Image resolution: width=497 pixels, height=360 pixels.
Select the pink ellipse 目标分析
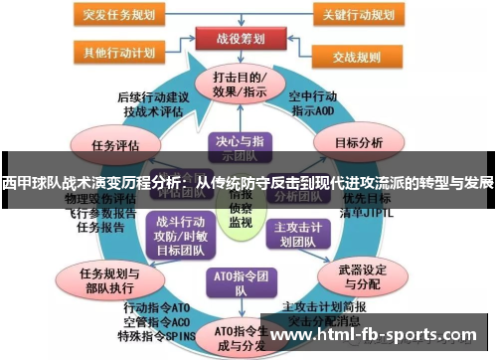pyautogui.click(x=359, y=142)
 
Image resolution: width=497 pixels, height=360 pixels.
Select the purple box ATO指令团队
pyautogui.click(x=236, y=281)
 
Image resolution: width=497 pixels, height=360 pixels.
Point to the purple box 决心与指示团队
pyautogui.click(x=235, y=147)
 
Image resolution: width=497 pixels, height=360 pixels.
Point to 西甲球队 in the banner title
pyautogui.click(x=30, y=183)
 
